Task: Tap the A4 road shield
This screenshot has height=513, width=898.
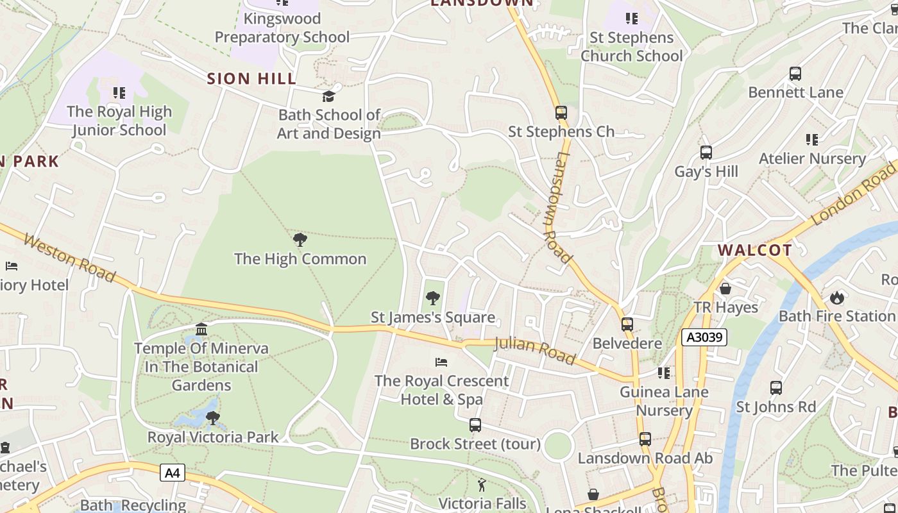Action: pos(172,473)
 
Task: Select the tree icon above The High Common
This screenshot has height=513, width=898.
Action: pos(300,240)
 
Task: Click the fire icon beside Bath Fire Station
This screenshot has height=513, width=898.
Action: pos(836,298)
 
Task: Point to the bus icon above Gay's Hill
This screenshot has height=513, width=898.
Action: pos(706,153)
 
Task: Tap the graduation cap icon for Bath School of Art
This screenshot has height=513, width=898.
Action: pos(328,96)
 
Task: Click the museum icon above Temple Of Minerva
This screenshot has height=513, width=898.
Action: pos(201,330)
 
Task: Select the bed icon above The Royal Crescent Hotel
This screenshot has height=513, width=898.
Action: pos(441,362)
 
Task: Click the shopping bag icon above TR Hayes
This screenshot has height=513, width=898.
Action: pos(725,289)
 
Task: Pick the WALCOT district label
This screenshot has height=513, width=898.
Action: pos(754,250)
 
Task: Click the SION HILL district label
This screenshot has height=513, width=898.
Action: pos(251,79)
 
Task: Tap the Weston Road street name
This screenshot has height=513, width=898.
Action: pos(70,258)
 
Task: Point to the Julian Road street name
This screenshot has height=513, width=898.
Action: pos(536,351)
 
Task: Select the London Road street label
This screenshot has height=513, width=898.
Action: pos(854,193)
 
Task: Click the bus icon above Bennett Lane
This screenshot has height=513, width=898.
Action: pos(795,74)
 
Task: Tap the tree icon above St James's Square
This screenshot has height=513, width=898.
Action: pos(433,298)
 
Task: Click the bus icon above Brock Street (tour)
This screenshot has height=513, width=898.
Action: pos(475,425)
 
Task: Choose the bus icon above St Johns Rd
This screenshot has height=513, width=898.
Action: pos(776,388)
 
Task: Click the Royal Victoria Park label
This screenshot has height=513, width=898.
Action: pos(213,437)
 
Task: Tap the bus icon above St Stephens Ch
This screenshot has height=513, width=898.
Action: pos(561,113)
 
